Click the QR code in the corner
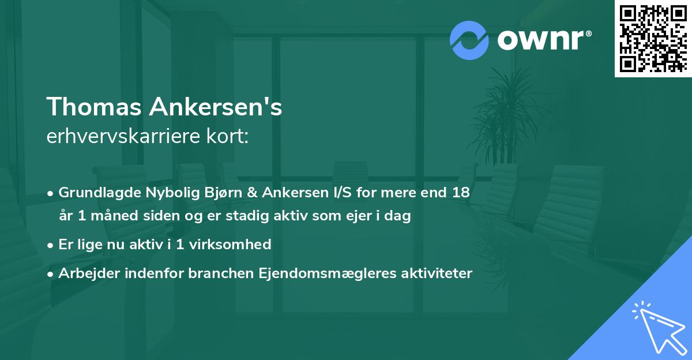point(653,38)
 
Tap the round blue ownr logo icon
point(469,40)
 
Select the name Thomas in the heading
point(93,107)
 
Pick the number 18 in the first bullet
point(461,193)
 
